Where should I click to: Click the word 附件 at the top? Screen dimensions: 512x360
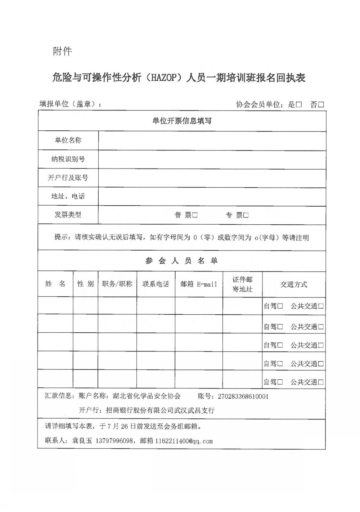tap(62, 51)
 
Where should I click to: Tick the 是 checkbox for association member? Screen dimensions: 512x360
tap(299, 105)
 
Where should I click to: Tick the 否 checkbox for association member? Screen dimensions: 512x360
tap(321, 105)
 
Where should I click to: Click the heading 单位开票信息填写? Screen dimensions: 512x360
tap(182, 121)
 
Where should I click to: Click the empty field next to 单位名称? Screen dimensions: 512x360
tap(212, 140)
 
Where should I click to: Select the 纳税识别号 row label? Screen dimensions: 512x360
tap(68, 159)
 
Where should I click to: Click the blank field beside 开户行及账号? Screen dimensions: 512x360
tap(212, 178)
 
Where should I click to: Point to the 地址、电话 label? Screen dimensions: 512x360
tap(68, 196)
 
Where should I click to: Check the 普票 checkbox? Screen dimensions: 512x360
tap(195, 215)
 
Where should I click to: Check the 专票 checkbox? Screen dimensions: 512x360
tap(246, 215)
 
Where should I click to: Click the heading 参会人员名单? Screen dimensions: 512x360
tap(182, 261)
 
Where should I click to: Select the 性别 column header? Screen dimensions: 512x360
tap(86, 284)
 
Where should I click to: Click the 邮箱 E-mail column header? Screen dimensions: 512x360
tap(199, 284)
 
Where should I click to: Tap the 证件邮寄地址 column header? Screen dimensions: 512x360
tap(242, 284)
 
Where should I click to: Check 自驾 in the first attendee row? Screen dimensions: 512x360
tap(280, 306)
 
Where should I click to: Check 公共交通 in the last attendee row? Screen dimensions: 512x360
tap(321, 382)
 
